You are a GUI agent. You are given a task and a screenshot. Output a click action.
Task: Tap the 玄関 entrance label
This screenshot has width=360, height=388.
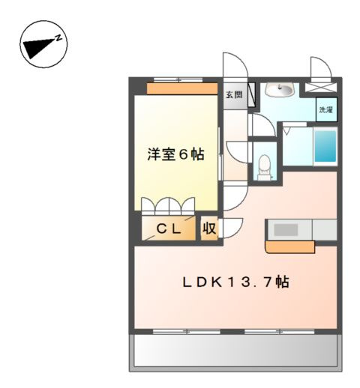234,95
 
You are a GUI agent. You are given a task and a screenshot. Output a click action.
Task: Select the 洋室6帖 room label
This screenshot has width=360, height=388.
175,155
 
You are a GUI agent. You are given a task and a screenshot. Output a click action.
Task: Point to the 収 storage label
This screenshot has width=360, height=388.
209,229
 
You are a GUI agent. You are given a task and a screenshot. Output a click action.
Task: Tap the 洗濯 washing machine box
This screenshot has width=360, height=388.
325,109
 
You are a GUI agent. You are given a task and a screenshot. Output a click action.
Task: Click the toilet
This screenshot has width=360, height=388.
263,164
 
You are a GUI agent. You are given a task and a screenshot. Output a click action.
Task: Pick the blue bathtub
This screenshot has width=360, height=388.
325,147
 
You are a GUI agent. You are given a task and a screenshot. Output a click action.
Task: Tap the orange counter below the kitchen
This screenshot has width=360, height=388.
289,246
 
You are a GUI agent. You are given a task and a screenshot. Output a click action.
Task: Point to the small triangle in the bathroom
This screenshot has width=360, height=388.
287,130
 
